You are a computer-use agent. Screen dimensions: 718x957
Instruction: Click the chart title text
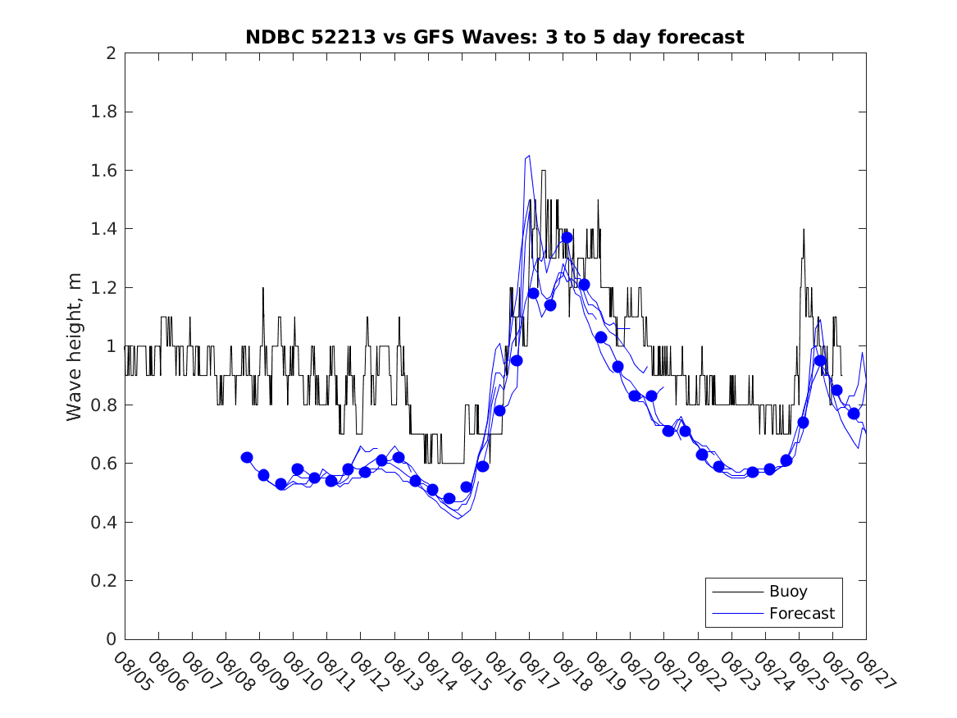click(494, 37)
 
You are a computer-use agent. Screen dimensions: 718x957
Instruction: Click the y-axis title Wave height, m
click(75, 346)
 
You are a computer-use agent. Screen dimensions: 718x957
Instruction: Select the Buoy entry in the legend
click(788, 591)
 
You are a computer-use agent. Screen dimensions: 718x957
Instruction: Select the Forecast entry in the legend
click(801, 613)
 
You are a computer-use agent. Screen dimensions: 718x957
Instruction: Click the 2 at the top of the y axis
click(111, 53)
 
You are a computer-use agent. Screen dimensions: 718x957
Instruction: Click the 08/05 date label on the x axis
click(132, 671)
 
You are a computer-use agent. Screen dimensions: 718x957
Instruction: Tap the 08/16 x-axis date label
click(503, 671)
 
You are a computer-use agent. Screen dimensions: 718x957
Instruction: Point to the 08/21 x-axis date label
click(671, 671)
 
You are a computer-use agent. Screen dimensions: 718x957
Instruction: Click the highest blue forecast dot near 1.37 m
click(567, 237)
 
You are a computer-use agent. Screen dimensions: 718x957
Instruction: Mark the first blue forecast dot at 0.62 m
click(247, 457)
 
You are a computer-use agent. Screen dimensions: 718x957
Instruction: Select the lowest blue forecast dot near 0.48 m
click(449, 498)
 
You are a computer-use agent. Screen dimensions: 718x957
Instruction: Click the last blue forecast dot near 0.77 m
click(854, 414)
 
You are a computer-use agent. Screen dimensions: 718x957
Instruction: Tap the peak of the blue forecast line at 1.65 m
click(529, 155)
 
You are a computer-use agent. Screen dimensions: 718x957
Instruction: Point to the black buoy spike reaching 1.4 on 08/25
click(804, 230)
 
